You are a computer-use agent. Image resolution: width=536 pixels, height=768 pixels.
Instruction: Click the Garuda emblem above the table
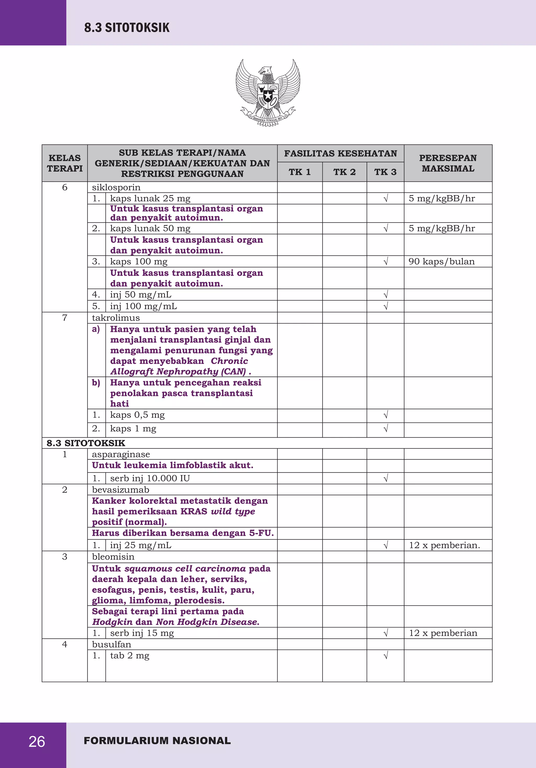(x=268, y=93)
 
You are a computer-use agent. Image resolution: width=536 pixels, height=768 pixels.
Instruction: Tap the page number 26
(x=37, y=742)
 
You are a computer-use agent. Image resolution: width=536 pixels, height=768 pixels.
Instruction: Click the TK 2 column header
(x=344, y=172)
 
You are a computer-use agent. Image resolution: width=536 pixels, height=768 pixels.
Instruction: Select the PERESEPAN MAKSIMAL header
(x=448, y=163)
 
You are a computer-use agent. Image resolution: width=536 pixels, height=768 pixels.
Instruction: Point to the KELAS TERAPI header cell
(x=65, y=163)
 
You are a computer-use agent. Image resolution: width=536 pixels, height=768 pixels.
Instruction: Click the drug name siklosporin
(x=116, y=187)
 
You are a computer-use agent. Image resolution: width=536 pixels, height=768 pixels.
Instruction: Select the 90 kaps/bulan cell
(x=441, y=262)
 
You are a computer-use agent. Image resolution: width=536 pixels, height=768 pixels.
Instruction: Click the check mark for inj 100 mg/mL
(x=386, y=306)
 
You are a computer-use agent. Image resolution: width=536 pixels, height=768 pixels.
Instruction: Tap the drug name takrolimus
(x=116, y=318)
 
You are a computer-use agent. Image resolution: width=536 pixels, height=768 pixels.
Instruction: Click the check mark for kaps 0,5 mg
(x=386, y=415)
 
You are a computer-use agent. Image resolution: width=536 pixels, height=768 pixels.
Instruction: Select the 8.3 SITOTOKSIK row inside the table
(x=86, y=443)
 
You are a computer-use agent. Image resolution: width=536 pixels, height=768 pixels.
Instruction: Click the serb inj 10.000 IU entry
(x=150, y=478)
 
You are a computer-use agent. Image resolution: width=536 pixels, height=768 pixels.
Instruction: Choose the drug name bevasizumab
(x=120, y=490)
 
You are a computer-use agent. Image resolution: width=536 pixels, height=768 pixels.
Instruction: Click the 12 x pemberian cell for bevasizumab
(x=444, y=545)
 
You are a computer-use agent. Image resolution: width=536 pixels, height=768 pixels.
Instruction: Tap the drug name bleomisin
(x=113, y=557)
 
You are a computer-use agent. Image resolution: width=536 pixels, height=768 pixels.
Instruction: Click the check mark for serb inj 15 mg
(x=386, y=633)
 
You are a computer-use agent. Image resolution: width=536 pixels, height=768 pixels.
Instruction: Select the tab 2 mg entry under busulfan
(x=130, y=656)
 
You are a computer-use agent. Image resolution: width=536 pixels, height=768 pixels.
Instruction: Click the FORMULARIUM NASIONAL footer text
(x=157, y=741)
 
